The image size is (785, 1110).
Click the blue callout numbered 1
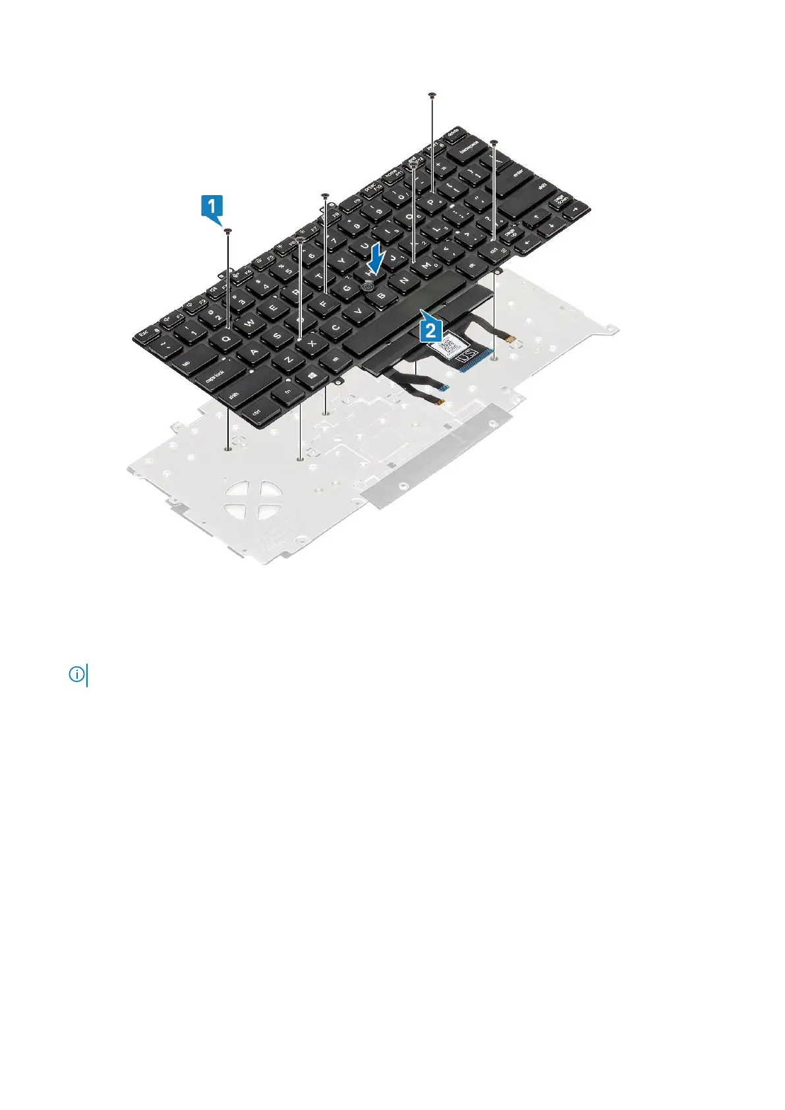tap(211, 207)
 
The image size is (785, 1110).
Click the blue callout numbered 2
tap(430, 328)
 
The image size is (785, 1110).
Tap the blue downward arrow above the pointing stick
tap(376, 260)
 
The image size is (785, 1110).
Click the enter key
tap(518, 173)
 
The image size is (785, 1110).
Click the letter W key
tap(250, 324)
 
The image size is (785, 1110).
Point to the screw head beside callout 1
tap(227, 231)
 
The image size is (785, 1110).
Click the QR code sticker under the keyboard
tap(453, 345)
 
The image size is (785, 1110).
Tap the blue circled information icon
tap(77, 674)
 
